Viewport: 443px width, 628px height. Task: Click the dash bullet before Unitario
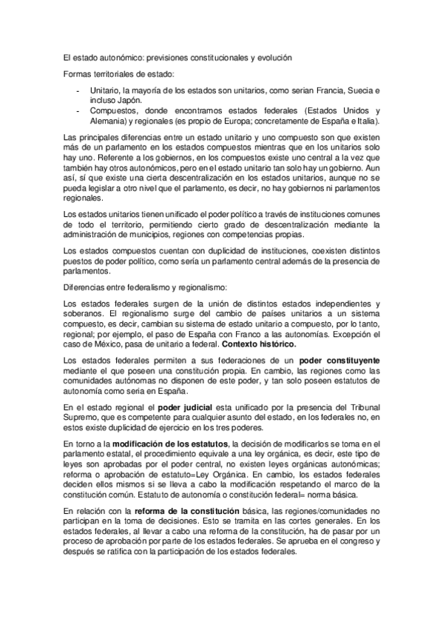click(x=78, y=90)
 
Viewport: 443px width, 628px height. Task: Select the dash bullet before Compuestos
click(x=78, y=110)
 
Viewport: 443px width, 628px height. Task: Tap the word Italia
click(x=368, y=120)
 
